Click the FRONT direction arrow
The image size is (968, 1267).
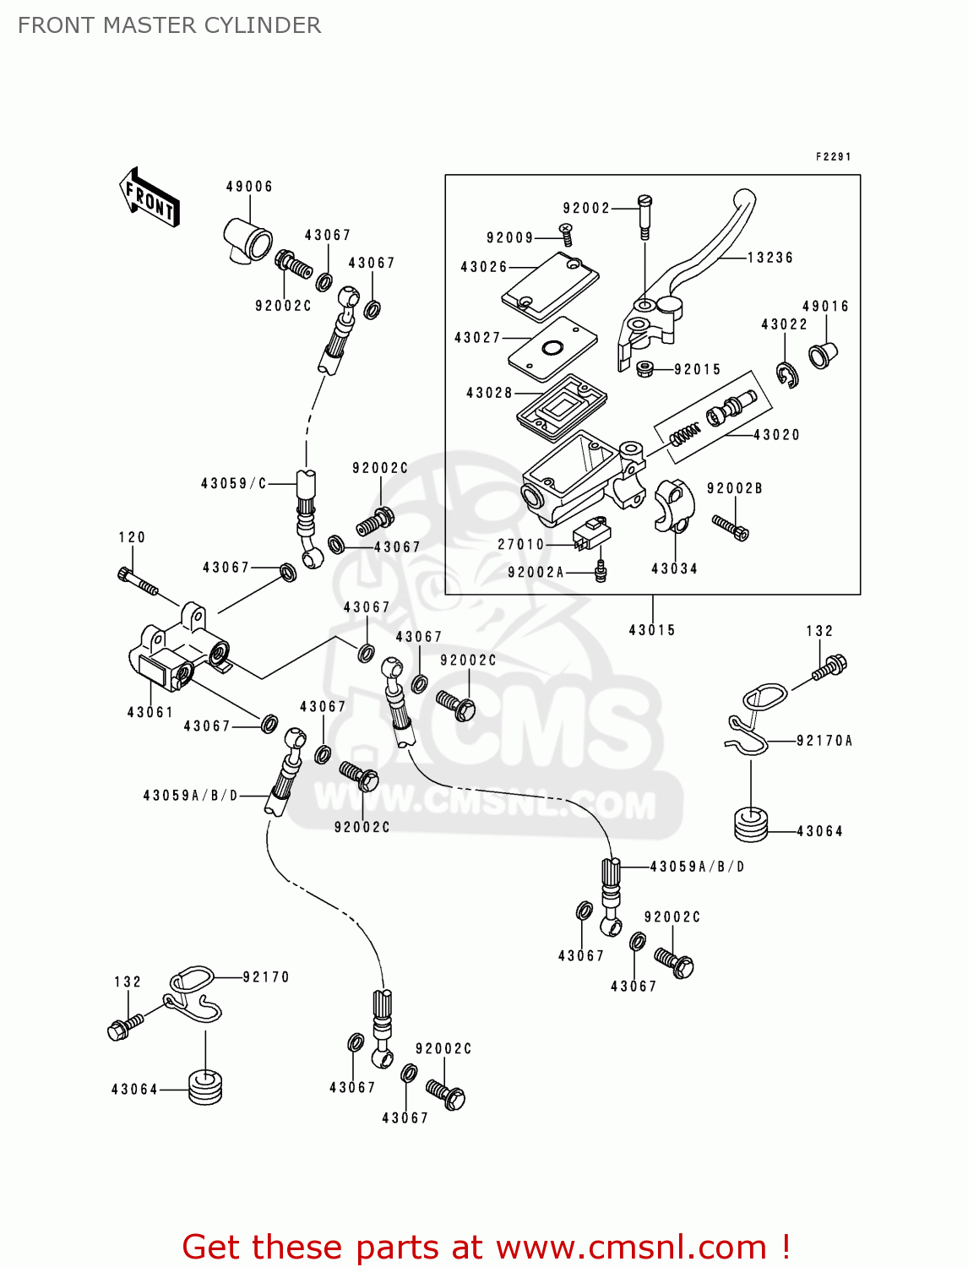(x=150, y=198)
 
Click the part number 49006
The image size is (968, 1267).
(x=249, y=187)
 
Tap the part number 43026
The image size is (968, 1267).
(x=484, y=267)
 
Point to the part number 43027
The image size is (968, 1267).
(x=478, y=338)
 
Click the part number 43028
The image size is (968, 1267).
(x=490, y=393)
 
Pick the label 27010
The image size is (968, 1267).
(x=521, y=545)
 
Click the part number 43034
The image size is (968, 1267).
(x=674, y=569)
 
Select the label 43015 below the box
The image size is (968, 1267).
(x=652, y=630)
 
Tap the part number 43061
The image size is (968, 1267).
(x=150, y=713)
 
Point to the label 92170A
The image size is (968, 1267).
(x=824, y=741)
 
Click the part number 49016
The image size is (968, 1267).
(x=825, y=307)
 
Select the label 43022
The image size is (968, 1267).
(x=784, y=324)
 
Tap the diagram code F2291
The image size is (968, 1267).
(x=833, y=157)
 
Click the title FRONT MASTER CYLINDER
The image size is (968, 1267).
(x=170, y=25)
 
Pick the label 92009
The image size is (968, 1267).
(x=510, y=238)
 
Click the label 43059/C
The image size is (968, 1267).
(x=234, y=484)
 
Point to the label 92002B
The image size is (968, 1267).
(x=735, y=488)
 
